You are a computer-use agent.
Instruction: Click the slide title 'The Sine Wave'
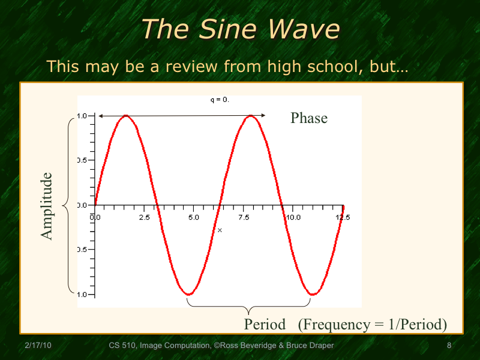240,29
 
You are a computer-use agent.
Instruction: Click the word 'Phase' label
309,118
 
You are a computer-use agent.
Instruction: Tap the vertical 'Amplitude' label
47,206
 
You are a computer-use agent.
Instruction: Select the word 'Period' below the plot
265,325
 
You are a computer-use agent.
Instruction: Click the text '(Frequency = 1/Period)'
373,325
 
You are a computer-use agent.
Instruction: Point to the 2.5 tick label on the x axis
144,217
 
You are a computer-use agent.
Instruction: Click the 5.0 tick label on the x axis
193,217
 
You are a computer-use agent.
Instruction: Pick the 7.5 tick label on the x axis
243,217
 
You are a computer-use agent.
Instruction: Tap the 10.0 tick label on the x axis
293,217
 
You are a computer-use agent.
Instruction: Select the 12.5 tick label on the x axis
343,217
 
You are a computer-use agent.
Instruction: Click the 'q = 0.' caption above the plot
220,100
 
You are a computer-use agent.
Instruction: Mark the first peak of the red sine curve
126,116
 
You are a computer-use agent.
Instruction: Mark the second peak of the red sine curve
251,116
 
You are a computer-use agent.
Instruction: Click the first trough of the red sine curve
188,294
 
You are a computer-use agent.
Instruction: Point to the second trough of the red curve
313,294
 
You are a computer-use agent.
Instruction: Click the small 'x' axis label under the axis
220,230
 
